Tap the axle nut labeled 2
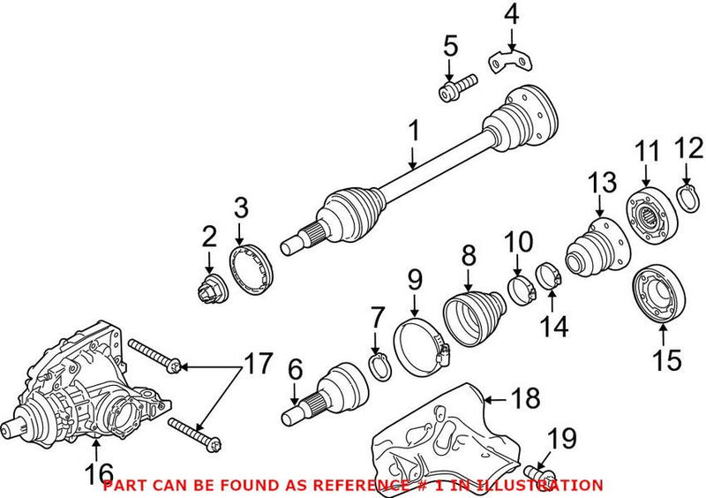point(209,287)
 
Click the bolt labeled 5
point(455,88)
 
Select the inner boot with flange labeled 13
point(596,243)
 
